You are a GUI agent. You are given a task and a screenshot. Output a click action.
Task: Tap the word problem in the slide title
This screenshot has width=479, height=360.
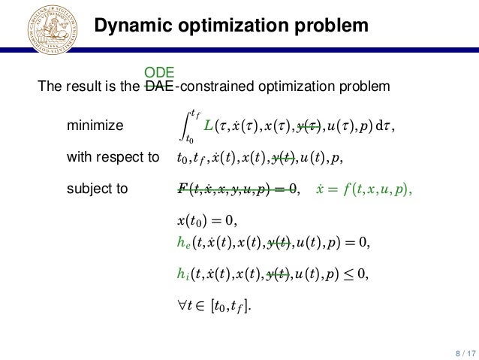(x=334, y=26)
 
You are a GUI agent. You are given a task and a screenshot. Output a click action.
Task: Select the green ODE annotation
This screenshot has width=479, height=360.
(x=159, y=73)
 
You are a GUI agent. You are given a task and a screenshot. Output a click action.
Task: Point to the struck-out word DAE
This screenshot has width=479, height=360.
(x=158, y=86)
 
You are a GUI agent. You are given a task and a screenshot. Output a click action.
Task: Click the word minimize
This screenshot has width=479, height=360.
(x=95, y=126)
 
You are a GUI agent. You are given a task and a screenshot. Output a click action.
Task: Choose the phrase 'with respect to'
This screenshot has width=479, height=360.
(x=113, y=157)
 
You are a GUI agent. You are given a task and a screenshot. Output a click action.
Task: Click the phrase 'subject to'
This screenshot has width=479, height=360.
(x=98, y=189)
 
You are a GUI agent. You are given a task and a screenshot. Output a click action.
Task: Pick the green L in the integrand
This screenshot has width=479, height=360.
(x=208, y=126)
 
